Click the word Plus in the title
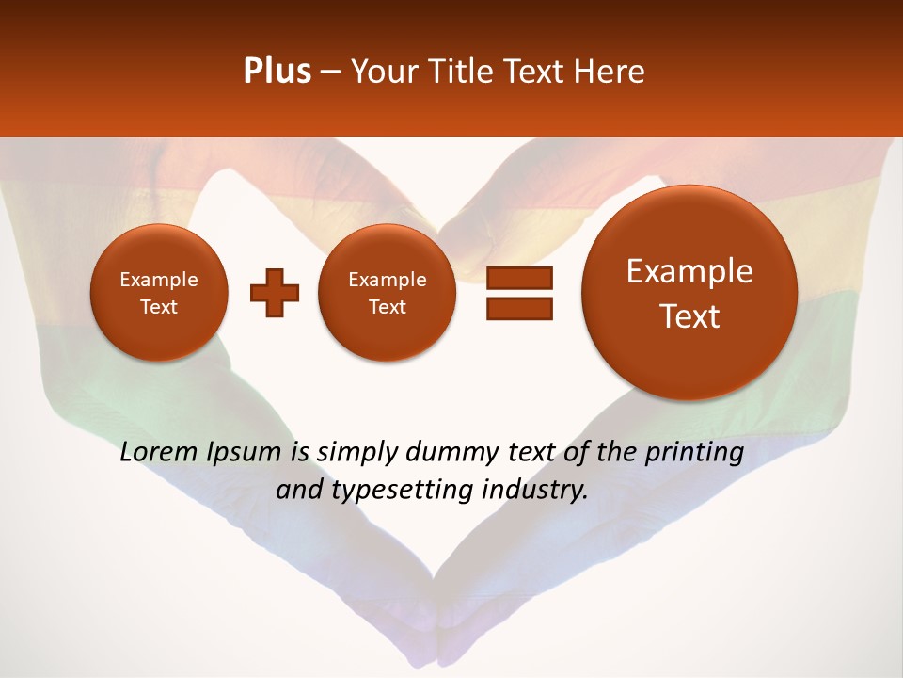click(x=277, y=72)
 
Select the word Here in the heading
click(x=611, y=72)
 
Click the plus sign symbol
click(x=275, y=293)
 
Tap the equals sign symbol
click(x=519, y=293)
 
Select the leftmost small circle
click(x=158, y=293)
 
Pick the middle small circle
click(x=387, y=293)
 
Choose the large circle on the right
click(x=689, y=293)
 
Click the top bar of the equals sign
click(x=519, y=278)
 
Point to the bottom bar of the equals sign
click(x=519, y=308)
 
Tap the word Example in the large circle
click(x=689, y=272)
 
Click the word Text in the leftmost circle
click(x=158, y=307)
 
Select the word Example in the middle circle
click(x=387, y=280)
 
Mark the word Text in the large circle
click(x=689, y=316)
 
